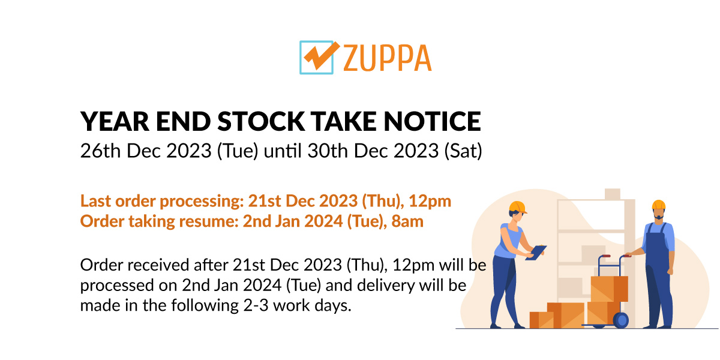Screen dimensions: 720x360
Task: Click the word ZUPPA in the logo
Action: tap(388, 58)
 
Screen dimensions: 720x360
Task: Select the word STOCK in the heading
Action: tap(261, 121)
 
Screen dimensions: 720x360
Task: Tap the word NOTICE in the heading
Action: tap(433, 121)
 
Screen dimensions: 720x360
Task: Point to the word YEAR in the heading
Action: tap(115, 121)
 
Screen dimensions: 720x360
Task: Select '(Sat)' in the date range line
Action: tap(463, 151)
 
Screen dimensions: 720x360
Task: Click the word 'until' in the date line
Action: tap(283, 151)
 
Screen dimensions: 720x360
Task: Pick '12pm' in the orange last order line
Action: tap(430, 202)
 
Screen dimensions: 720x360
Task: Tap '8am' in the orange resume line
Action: tap(407, 221)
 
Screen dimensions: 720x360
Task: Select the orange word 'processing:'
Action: tap(202, 202)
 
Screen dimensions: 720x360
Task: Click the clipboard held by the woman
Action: tap(536, 253)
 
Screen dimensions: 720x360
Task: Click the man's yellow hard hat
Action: tap(658, 205)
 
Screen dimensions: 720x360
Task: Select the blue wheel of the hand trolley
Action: tap(622, 320)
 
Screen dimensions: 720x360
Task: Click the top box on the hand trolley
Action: tap(609, 289)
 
